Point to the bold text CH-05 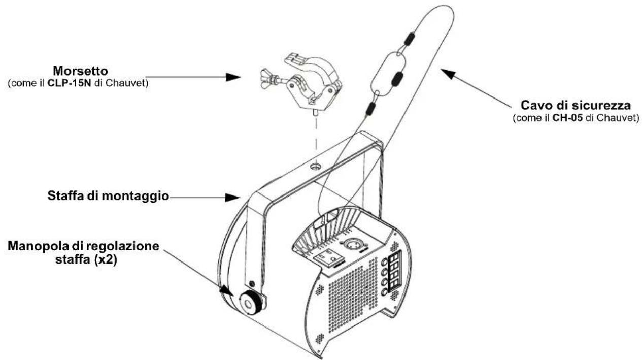[575, 119]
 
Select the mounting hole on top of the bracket [317, 166]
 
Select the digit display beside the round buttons [395, 275]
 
